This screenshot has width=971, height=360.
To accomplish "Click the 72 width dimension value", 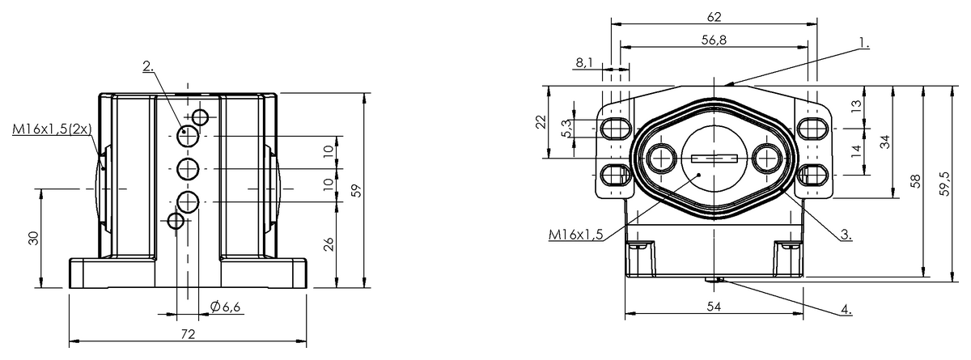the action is tap(188, 334).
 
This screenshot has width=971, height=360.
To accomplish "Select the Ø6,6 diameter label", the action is tap(225, 307).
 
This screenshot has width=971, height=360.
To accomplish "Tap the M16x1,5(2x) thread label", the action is tap(52, 129).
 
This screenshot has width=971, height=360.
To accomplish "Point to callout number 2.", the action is tap(148, 66).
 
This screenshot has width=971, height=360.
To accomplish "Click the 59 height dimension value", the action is tap(356, 191).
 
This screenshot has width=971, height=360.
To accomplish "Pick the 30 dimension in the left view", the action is tap(33, 239).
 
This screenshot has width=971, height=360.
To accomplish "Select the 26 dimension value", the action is tap(329, 244).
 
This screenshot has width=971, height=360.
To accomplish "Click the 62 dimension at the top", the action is tap(714, 17).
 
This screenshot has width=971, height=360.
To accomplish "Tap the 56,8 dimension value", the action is tap(714, 40).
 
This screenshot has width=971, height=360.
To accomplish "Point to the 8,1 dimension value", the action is tap(584, 63).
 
